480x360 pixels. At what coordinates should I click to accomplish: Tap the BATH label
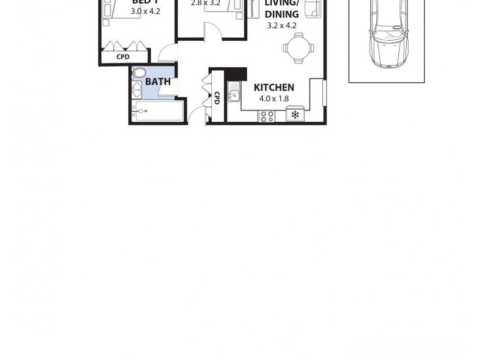click(158, 82)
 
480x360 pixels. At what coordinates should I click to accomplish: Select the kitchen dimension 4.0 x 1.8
click(274, 98)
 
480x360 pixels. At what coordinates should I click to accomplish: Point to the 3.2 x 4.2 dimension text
click(281, 25)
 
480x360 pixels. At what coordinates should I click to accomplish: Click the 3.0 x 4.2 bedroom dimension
click(145, 10)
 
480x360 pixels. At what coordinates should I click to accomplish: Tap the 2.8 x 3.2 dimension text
click(206, 3)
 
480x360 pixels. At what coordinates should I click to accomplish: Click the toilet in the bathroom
click(139, 74)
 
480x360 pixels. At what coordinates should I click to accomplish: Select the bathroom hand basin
click(136, 91)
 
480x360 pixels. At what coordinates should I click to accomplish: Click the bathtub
click(159, 111)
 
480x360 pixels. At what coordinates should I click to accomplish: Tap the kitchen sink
click(234, 94)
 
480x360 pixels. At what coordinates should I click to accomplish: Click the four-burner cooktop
click(266, 116)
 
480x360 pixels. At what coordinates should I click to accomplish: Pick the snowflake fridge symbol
click(295, 115)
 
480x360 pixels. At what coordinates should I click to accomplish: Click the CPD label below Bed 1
click(123, 57)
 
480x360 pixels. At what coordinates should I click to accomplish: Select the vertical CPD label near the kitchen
click(216, 97)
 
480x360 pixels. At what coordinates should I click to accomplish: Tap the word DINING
click(281, 14)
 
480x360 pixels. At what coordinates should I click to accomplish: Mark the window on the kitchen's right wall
click(324, 93)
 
